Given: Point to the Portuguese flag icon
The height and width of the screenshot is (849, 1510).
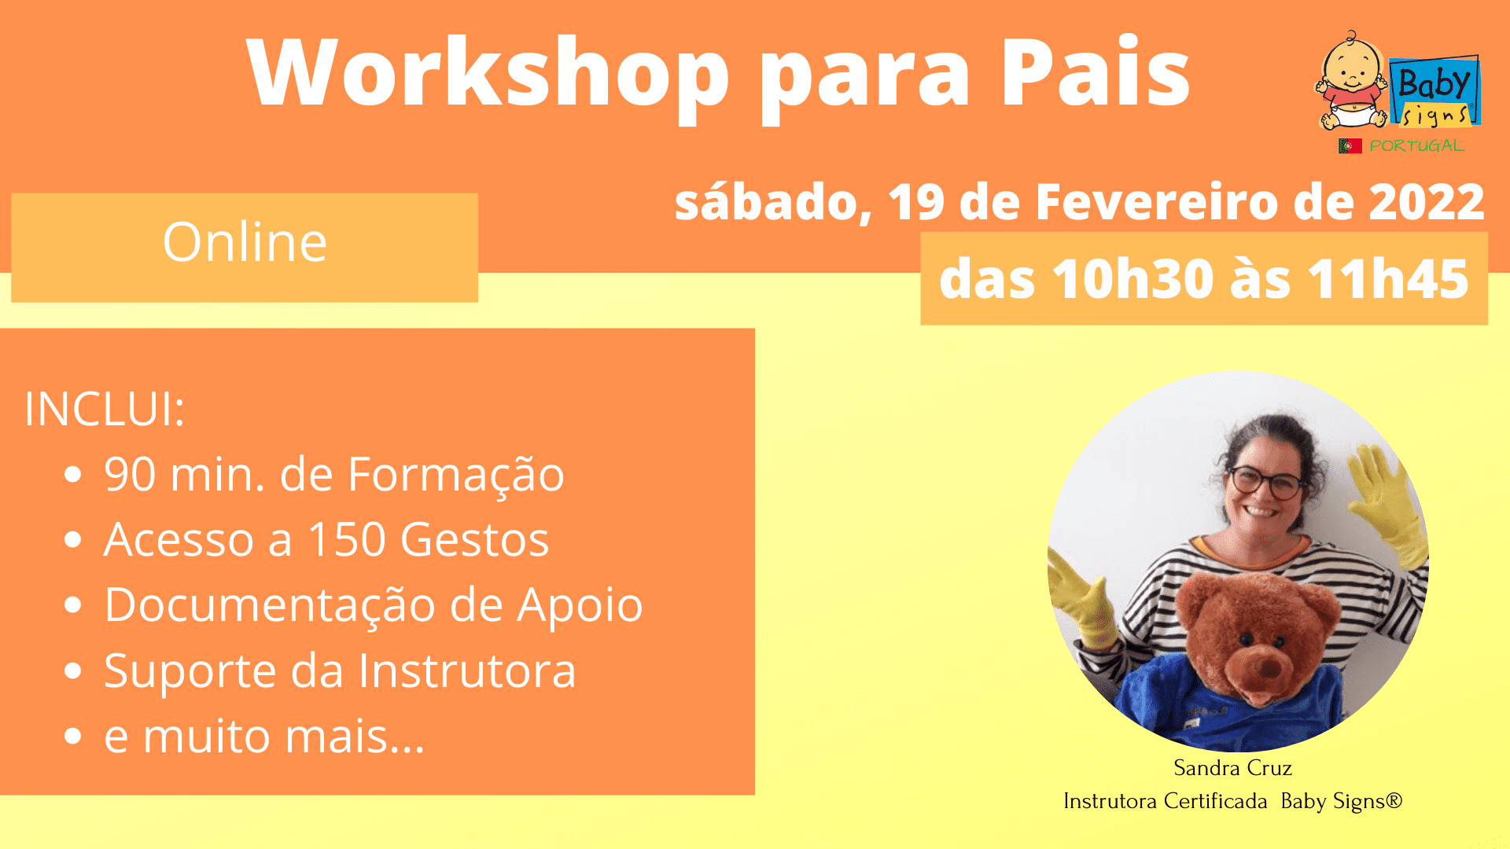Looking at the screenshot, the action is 1350,146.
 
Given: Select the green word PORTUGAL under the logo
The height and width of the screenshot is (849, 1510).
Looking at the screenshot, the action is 1416,146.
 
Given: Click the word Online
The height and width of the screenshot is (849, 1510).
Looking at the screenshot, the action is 245,242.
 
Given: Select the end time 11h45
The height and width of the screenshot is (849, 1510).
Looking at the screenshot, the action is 1388,279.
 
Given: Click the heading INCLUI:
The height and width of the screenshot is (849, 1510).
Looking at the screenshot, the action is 105,410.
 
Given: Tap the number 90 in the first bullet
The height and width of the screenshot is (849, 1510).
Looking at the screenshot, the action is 130,475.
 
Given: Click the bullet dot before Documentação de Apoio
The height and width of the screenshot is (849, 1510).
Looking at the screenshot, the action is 73,605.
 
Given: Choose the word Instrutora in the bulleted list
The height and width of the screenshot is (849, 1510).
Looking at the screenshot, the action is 467,671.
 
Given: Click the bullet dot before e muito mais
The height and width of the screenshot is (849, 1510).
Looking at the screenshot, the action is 73,737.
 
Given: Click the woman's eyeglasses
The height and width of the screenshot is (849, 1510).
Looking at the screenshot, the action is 1265,481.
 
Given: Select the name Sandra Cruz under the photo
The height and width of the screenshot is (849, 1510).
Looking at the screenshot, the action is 1232,768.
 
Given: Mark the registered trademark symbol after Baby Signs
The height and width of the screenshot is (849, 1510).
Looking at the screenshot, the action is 1394,800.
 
